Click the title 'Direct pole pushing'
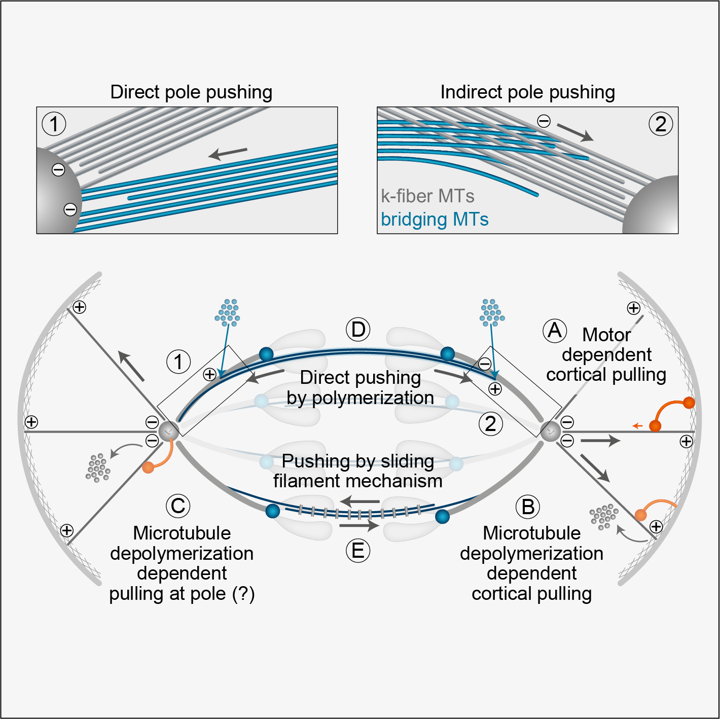[x=191, y=92]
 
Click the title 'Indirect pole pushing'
[x=527, y=92]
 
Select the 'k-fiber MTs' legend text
[x=427, y=196]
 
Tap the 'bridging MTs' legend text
[x=435, y=220]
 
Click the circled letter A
[x=555, y=331]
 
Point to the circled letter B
[x=528, y=507]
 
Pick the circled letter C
[x=178, y=506]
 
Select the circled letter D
[x=358, y=330]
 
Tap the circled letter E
[x=358, y=551]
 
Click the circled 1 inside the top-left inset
[x=54, y=124]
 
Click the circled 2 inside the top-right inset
[x=661, y=124]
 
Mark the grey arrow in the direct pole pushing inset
[x=228, y=153]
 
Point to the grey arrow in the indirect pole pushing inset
[x=575, y=132]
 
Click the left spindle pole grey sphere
[x=168, y=432]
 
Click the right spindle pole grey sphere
[x=550, y=432]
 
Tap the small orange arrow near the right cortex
[x=637, y=426]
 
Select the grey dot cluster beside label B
[x=603, y=516]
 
